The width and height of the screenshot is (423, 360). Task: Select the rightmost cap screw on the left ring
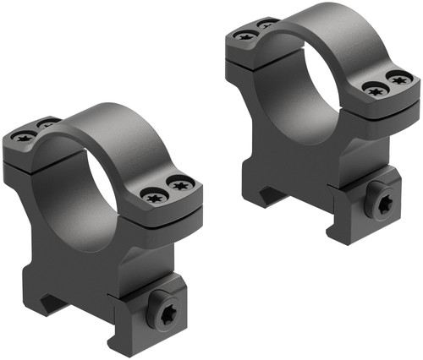(179, 182)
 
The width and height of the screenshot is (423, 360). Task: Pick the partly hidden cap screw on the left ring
(47, 124)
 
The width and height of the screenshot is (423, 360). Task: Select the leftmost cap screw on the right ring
(245, 35)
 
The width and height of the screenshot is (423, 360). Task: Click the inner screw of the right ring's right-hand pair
(372, 87)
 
